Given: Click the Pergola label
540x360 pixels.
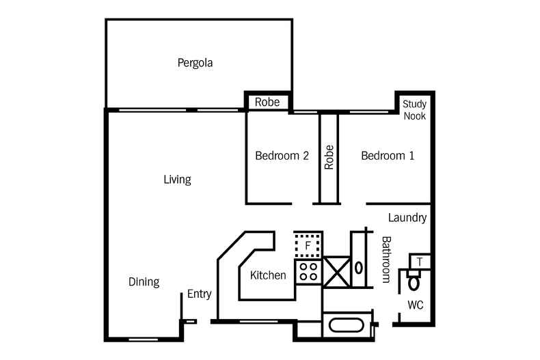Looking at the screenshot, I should point(195,64).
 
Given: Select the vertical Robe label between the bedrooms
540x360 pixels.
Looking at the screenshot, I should point(329,156).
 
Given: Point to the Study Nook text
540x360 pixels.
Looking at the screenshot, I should point(414,110).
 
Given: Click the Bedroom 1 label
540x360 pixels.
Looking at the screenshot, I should point(388,156).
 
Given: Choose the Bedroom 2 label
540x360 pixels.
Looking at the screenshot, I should point(282,156).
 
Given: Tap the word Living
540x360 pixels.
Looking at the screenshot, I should point(177,180).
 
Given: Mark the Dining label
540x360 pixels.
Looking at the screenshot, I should point(144,281).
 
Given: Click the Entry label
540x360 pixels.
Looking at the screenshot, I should point(199,294).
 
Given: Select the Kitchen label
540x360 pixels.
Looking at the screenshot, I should point(268,275).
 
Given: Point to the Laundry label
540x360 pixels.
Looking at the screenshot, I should point(407,219).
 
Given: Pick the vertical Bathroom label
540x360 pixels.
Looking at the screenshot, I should point(386,260).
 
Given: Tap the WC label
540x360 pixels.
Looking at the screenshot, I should point(416,305).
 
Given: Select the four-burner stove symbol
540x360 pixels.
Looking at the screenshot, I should point(308,272).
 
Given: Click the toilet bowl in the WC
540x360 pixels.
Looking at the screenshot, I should point(414,281).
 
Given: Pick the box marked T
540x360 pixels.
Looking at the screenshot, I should point(420,261).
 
